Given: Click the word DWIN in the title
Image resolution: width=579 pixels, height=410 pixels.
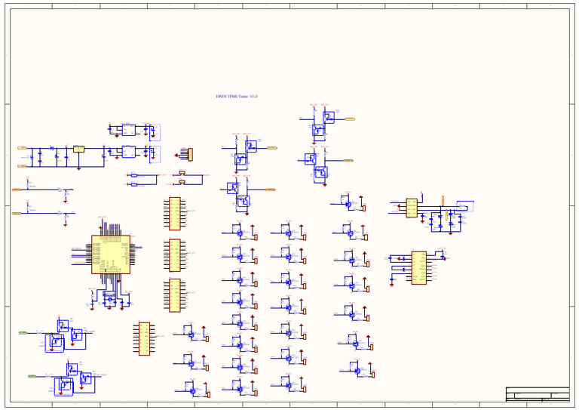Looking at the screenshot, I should coord(221,97).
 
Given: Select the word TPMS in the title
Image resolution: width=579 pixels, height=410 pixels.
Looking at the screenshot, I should coord(233,97).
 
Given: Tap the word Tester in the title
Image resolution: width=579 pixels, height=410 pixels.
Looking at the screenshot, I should coord(244,97).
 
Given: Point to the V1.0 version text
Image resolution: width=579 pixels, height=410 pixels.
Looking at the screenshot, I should coord(255,97).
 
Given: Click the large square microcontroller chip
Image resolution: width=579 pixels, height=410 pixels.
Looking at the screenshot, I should coord(110,254).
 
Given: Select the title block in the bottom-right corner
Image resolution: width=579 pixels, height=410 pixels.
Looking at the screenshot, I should coord(538,395).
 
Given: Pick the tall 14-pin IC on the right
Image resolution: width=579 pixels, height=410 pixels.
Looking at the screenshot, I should coord(418,267).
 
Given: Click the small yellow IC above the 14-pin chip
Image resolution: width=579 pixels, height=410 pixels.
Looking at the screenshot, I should coord(412,207).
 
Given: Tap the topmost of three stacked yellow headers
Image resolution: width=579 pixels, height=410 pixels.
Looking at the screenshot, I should coord(175,213).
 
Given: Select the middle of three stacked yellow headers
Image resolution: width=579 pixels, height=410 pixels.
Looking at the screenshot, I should coord(175,254).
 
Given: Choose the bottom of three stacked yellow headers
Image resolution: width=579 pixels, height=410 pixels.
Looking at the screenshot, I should coord(175,294).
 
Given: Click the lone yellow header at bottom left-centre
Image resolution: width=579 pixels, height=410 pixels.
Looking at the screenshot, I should coord(144,338).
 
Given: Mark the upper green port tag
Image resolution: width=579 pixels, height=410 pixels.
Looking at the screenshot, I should coord(23,332).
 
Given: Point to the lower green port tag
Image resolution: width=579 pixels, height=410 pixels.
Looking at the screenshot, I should coord(32,375).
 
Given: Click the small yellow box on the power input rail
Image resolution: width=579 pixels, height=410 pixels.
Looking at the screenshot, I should coord(78,149).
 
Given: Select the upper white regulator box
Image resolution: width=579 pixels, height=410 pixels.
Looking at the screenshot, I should coord(129,130).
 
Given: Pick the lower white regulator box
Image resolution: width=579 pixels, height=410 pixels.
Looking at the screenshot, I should coord(129,152).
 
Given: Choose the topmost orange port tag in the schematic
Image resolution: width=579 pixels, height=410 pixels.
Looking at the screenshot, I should coord(350,119).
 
